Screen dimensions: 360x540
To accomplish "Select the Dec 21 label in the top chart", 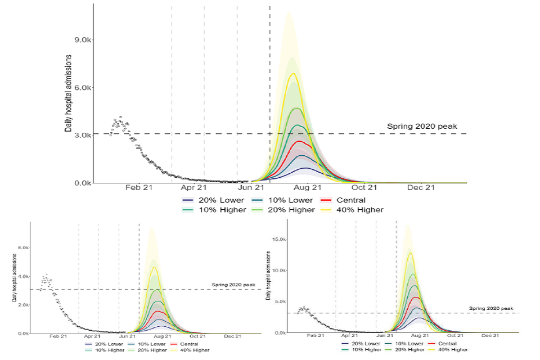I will tap(421, 188).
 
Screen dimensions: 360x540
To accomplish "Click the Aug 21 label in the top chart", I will tap(308, 188).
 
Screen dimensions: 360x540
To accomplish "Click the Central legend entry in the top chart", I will tap(349, 200).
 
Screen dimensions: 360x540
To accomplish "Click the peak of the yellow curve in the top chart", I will tap(292, 74).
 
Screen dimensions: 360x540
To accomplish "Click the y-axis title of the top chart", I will tap(68, 93).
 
